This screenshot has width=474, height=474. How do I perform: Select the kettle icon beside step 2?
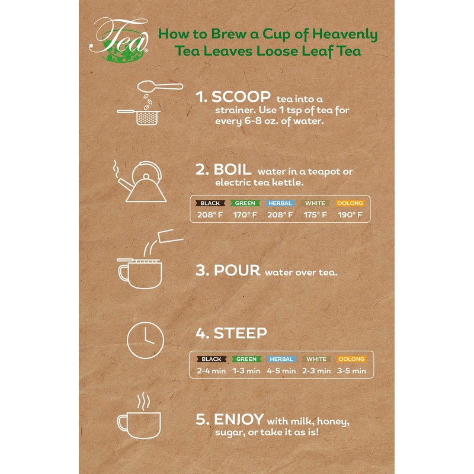pos(140,178)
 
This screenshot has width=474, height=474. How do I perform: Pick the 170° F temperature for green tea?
pos(245,214)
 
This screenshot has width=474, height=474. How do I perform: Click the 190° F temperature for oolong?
pos(350,214)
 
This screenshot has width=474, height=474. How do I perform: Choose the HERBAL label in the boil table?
pos(280,203)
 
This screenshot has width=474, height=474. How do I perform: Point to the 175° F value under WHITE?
pos(315,214)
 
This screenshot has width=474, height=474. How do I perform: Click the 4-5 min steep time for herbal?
pos(281,371)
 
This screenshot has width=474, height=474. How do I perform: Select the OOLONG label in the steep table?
pos(351,359)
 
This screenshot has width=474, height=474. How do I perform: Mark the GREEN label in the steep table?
pos(246,359)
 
